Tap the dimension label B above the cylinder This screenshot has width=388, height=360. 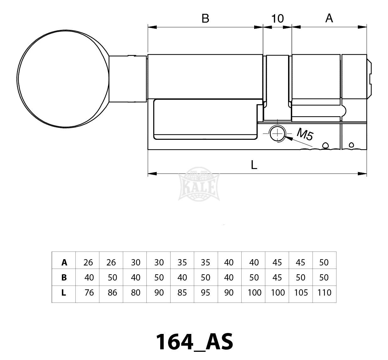click(x=205, y=19)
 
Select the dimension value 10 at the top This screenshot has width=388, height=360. click(x=277, y=19)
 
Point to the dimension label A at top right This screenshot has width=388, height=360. click(x=329, y=18)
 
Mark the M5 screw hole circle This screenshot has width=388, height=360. click(x=277, y=134)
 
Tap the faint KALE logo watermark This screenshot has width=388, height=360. click(x=199, y=184)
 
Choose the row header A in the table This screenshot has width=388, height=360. click(x=64, y=263)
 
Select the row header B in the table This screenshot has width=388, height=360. click(x=64, y=277)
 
